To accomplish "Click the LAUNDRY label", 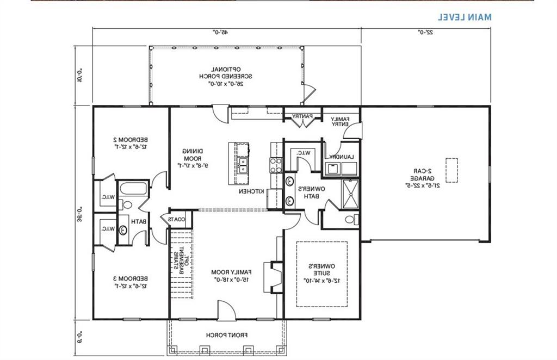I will click(341, 157).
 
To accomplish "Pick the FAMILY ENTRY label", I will click(341, 122).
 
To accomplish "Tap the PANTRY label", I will click(301, 116).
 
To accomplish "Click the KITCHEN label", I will click(251, 192).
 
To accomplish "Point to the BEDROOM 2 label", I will click(131, 142).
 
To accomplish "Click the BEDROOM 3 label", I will click(131, 282).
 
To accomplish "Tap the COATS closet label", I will click(177, 219).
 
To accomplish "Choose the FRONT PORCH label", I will click(224, 335).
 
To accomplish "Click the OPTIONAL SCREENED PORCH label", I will click(226, 77).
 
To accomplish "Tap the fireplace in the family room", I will click(275, 275).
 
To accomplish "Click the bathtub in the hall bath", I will click(133, 190).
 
